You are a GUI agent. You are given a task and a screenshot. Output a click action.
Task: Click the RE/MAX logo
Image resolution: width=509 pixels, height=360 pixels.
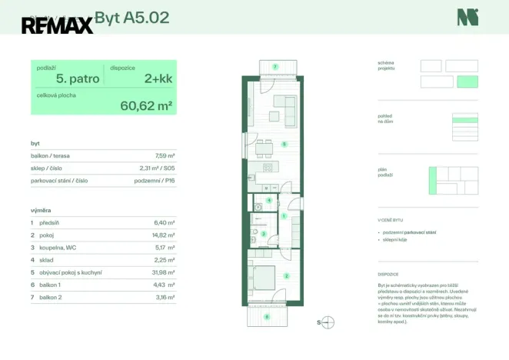(x=57, y=25)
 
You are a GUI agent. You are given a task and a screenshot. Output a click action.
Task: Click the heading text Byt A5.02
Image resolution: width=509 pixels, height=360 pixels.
(x=131, y=17)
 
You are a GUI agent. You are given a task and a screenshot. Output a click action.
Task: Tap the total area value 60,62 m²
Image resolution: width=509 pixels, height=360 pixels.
(x=146, y=106)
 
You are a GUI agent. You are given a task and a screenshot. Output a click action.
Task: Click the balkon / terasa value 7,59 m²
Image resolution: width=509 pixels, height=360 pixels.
(x=165, y=155)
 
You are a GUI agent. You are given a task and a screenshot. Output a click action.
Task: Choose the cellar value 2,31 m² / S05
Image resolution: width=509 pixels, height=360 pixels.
(x=158, y=168)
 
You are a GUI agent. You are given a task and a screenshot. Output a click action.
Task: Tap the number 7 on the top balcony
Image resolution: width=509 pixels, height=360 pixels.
(x=275, y=67)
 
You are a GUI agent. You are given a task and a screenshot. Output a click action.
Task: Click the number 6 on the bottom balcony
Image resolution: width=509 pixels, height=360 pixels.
(x=267, y=315)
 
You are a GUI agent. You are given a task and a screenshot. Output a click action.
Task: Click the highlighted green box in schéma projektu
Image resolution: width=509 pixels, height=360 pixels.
(x=467, y=82)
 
